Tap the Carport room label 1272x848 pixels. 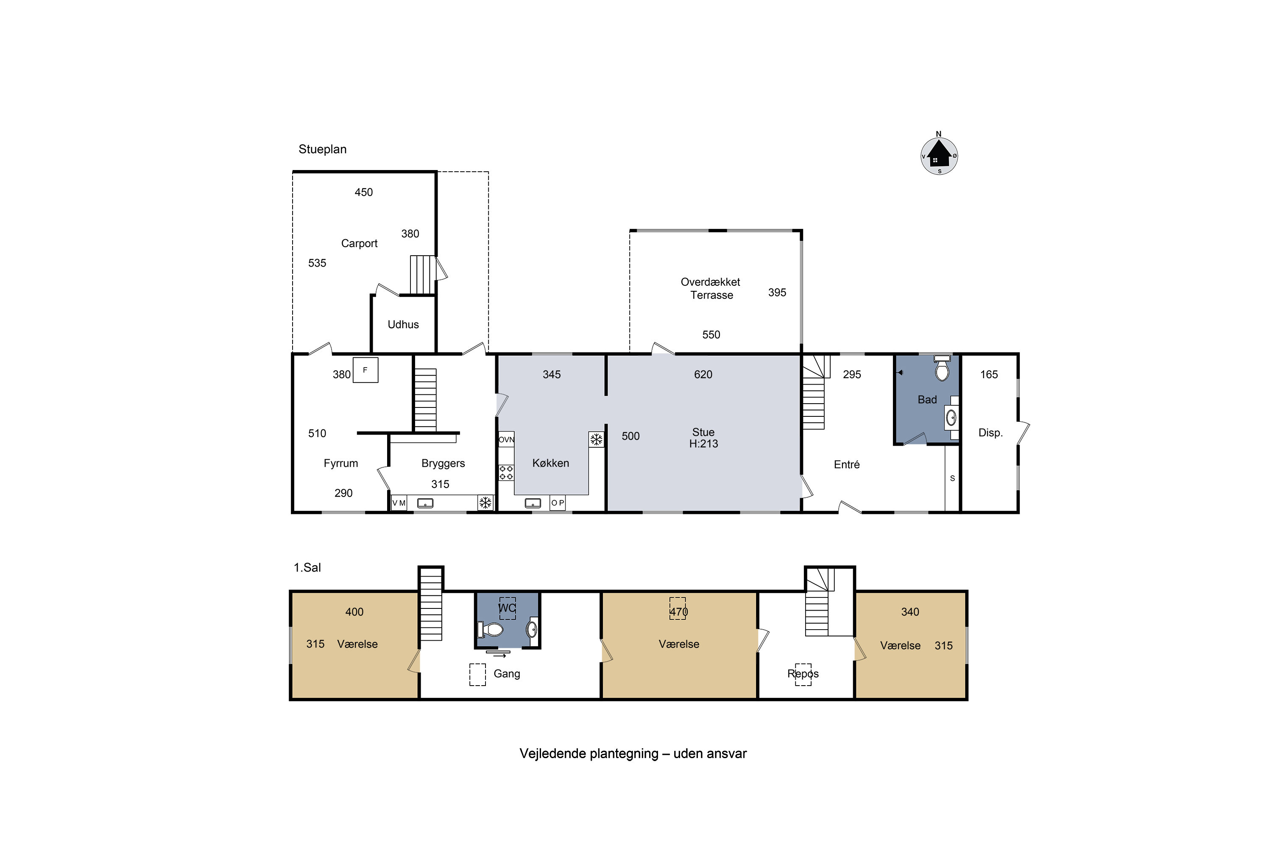[x=359, y=243]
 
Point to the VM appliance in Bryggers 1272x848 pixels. [x=399, y=503]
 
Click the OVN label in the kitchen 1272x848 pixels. [x=506, y=440]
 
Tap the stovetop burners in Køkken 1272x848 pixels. [x=506, y=473]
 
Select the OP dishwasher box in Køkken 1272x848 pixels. [x=558, y=503]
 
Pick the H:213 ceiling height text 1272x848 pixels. [x=703, y=444]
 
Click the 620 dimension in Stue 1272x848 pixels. [x=703, y=374]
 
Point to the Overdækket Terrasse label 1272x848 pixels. [x=711, y=288]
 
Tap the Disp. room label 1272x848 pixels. [x=990, y=432]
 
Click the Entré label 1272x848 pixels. [x=846, y=465]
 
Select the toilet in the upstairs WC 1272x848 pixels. [x=491, y=630]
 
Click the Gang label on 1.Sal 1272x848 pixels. [x=507, y=674]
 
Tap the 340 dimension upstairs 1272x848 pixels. [x=910, y=612]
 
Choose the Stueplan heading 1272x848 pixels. [x=322, y=149]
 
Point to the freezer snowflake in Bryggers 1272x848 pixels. [x=485, y=503]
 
